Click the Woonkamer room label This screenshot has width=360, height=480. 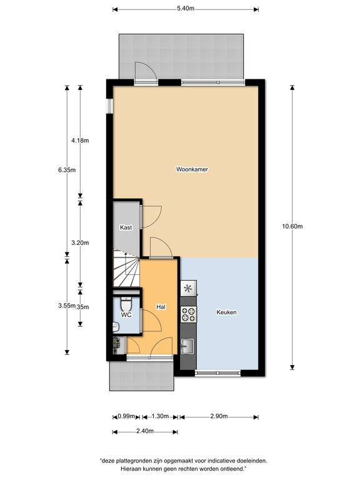192,169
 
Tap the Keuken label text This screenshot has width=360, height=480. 226,312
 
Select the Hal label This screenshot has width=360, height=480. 161,306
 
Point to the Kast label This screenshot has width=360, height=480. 126,227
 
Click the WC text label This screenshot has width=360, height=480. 126,314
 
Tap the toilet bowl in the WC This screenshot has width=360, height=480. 126,304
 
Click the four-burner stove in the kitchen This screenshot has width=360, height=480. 188,314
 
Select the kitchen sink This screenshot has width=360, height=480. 187,346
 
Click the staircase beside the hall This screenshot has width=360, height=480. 126,268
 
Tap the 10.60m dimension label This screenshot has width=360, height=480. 292,226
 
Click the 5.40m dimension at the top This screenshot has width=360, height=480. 186,9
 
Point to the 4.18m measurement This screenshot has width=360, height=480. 80,141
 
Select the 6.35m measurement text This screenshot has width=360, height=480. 67,170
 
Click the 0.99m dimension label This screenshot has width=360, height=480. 126,416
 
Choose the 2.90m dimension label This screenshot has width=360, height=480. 219,416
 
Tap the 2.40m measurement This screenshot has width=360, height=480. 145,431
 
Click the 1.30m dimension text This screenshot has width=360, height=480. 160,416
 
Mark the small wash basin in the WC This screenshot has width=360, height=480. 116,327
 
